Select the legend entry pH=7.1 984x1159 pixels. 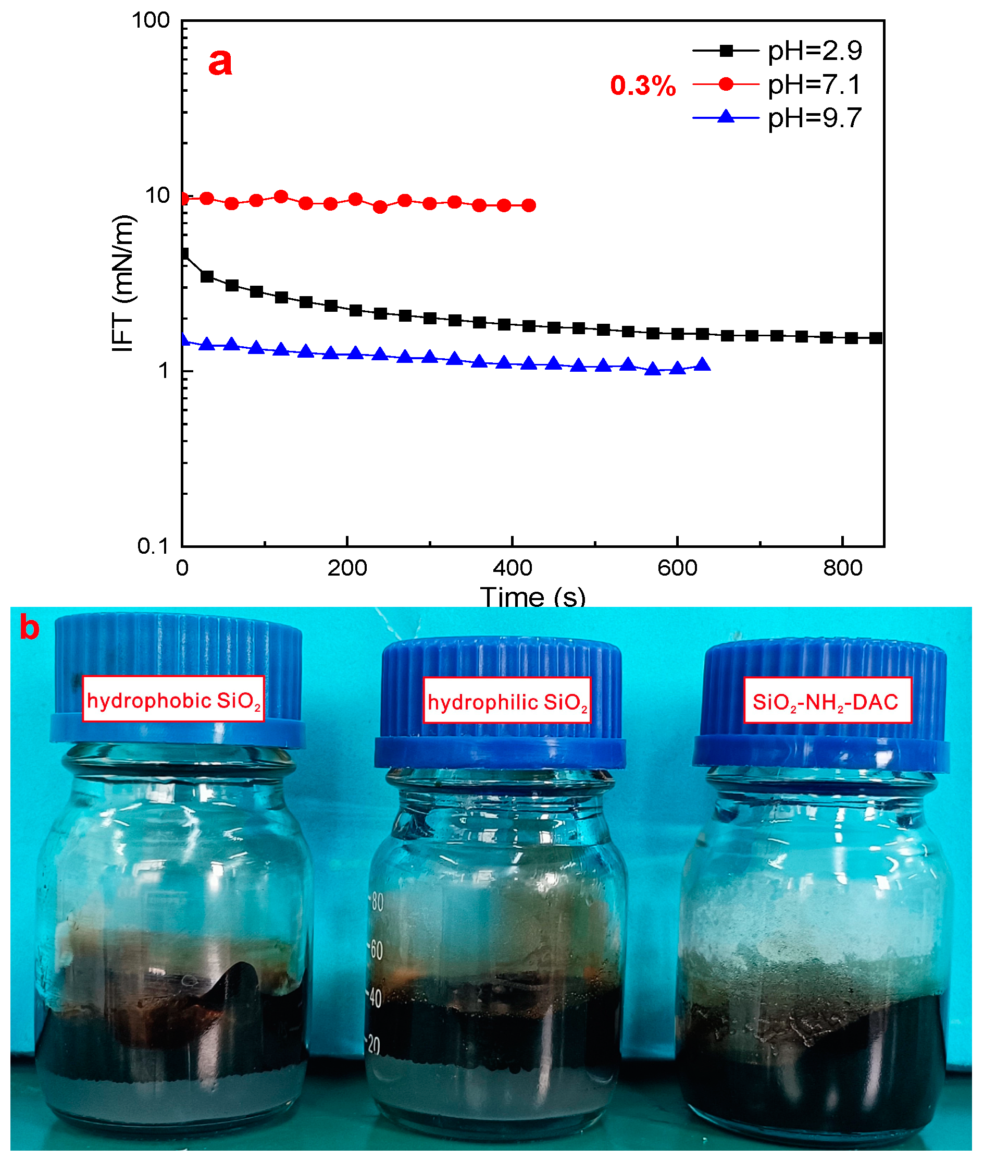tap(814, 85)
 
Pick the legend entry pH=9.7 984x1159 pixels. tap(814, 118)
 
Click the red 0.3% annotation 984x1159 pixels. tap(643, 86)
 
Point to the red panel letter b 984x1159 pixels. tap(30, 628)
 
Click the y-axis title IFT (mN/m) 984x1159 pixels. tap(123, 283)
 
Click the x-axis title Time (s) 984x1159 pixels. tap(533, 597)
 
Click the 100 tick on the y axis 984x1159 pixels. tap(151, 21)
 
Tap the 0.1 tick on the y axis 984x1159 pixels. tap(153, 546)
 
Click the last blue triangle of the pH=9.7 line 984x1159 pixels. tap(703, 365)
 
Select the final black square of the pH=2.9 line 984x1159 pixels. tap(876, 338)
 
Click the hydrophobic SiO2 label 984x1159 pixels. tap(173, 700)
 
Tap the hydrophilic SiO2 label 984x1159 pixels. tap(506, 701)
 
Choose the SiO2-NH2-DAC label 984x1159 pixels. tap(827, 701)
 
